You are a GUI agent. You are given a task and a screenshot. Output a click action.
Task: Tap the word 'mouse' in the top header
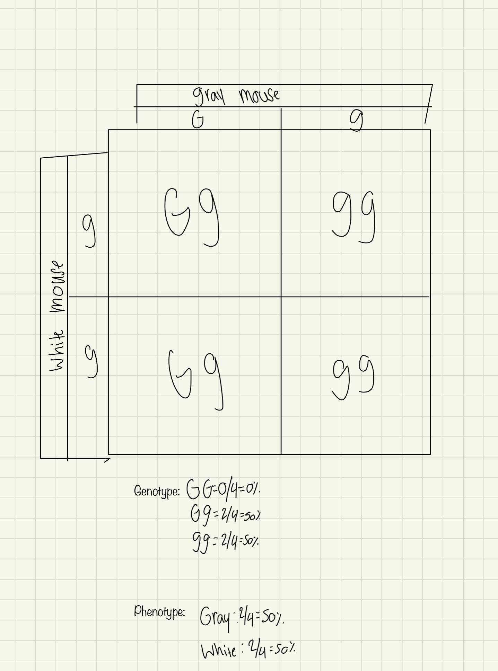(259, 95)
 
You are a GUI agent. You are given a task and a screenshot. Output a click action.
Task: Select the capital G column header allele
(198, 120)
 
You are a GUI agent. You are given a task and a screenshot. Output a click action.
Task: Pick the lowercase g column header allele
(357, 120)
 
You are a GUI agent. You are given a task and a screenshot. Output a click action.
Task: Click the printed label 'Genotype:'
(157, 491)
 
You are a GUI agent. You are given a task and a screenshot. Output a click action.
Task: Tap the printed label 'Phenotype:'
(159, 612)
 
